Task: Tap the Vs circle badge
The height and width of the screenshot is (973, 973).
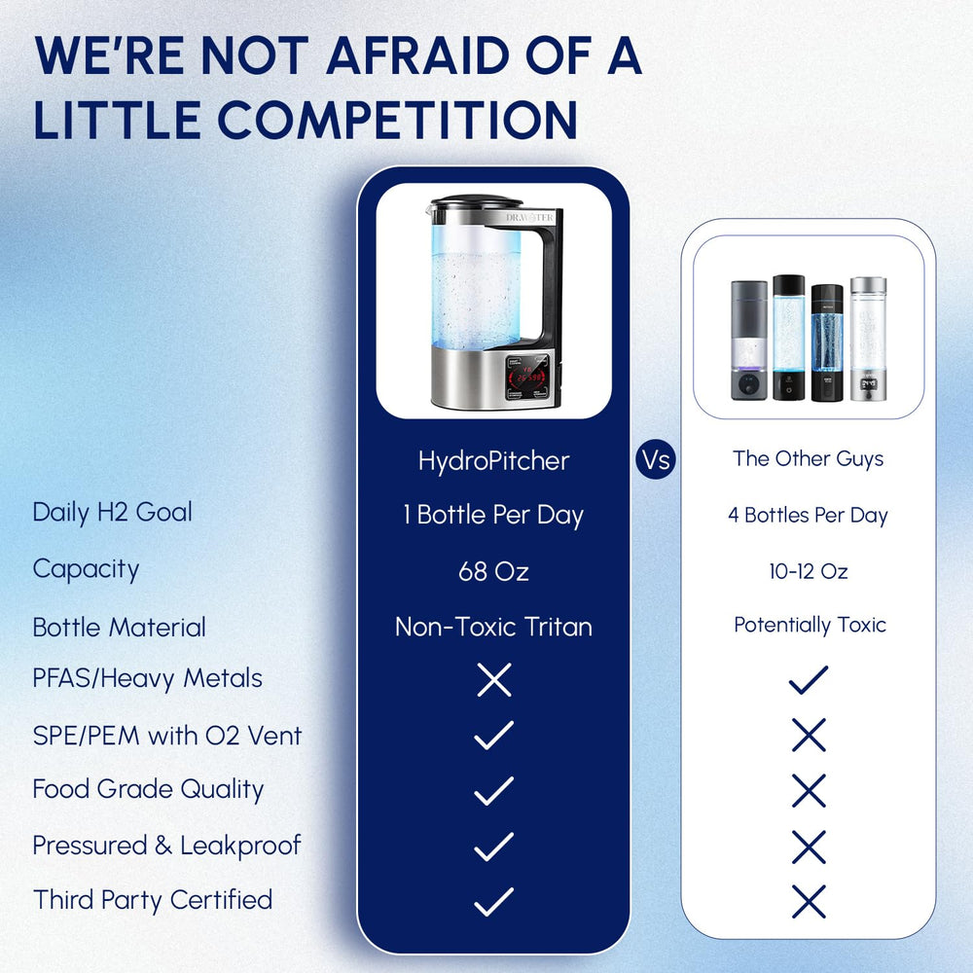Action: pos(657,459)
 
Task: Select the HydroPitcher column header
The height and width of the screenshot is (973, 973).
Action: pos(493,460)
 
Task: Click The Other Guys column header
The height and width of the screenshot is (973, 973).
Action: pos(809,459)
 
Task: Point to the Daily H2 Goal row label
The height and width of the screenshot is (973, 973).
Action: pos(112,512)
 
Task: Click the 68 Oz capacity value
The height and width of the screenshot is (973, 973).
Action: pos(493,571)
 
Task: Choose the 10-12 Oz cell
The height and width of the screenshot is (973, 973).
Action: pos(809,571)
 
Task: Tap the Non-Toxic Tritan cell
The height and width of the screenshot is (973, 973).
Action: pos(493,627)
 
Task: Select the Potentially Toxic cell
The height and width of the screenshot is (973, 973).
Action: pos(810,625)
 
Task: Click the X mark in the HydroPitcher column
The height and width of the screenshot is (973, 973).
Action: pos(494,680)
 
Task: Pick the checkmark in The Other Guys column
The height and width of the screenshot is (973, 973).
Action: pos(809,680)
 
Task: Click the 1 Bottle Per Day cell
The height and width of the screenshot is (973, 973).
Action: pos(493,515)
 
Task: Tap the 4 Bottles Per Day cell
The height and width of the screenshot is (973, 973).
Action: pos(809,516)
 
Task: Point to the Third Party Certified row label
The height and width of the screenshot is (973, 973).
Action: pos(153,900)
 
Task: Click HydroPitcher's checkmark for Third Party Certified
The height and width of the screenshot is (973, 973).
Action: pos(493,902)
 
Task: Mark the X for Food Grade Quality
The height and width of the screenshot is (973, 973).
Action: pos(809,791)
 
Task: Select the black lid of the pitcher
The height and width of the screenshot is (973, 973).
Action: pos(477,201)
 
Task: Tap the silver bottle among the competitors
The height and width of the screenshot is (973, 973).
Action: pos(868,339)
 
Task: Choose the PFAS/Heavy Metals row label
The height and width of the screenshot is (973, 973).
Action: pos(147,678)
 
